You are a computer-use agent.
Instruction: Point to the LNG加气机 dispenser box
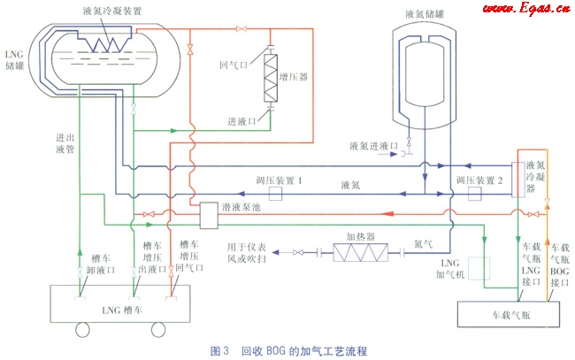479,268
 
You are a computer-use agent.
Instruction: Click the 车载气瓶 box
503,314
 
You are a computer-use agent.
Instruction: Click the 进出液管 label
65,145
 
